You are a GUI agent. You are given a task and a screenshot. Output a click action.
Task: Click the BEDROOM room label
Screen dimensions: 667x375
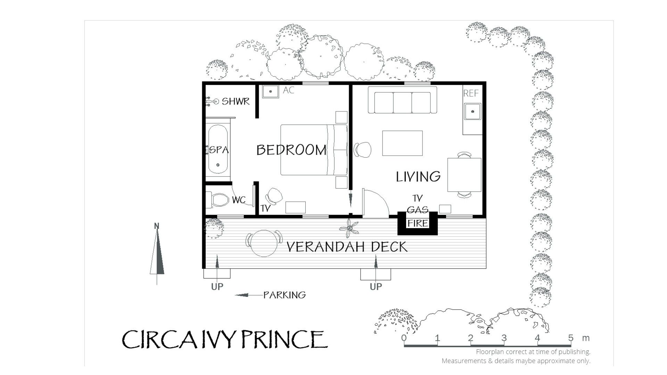coord(291,150)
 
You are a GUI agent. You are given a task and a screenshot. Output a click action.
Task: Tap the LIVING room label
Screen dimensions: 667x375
coord(418,177)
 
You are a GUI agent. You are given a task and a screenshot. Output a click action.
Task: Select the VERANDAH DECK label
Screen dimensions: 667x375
coord(347,247)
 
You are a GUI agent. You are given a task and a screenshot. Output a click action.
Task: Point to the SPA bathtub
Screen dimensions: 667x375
coord(218,150)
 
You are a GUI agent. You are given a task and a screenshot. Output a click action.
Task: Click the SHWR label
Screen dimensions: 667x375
coord(236,101)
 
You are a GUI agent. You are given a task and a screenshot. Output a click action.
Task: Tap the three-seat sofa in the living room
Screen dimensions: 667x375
coord(402,100)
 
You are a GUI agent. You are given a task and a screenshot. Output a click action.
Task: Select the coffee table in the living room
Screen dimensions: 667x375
coord(402,143)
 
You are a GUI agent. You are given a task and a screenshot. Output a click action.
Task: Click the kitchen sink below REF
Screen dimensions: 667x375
coord(472,111)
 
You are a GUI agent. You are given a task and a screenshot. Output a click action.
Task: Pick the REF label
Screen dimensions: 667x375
coord(471,93)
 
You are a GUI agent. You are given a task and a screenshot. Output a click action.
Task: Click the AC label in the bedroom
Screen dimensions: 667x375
coord(288,90)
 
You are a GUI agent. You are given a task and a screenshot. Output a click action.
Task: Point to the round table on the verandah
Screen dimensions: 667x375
coord(264,243)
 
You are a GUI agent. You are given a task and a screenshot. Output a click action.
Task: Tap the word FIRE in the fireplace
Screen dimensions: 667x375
coord(418,223)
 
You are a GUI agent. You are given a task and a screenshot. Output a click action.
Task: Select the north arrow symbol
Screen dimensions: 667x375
coord(157,253)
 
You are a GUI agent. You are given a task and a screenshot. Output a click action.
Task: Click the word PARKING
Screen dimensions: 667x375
coord(285,295)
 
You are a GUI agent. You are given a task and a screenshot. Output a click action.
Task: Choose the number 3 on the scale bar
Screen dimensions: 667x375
coord(504,338)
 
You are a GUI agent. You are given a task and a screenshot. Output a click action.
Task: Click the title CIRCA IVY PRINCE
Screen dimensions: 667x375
coord(225,339)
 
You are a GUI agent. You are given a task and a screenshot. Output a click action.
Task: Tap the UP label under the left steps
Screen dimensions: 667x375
coord(217,287)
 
